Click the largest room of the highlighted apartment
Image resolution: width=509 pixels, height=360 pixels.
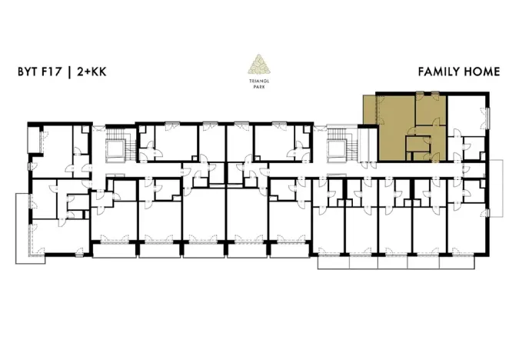tap(394, 127)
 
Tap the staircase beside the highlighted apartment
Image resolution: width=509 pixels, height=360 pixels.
tap(338, 146)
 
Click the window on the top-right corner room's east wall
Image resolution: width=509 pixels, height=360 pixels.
tap(487, 115)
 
